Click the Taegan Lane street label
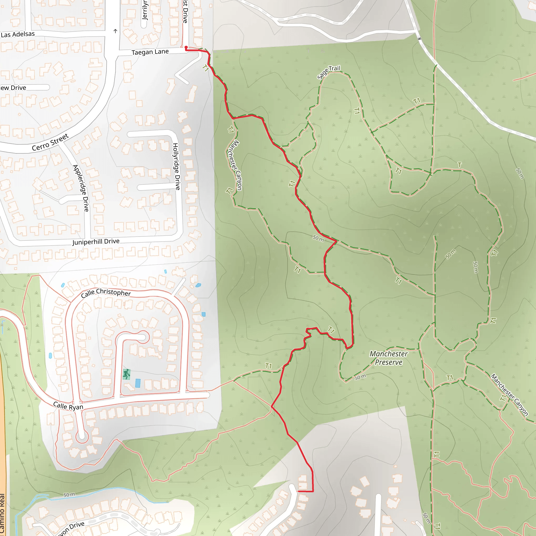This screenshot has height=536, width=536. pos(150,52)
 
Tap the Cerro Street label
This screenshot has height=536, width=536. pos(50,142)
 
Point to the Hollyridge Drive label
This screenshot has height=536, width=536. pos(176,166)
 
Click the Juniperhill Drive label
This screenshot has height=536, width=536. pos(96,242)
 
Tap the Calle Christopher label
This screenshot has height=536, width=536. pos(106,293)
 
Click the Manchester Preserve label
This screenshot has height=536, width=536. pos(388,358)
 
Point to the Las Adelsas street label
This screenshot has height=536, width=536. pos(18,34)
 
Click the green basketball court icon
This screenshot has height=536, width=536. pos(126,374)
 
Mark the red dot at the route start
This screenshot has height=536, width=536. pos(186,47)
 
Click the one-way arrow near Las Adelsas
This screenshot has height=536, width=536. pos(115,31)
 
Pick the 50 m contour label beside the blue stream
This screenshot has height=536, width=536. pos(69,495)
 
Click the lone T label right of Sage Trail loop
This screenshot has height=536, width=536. pos(460,165)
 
